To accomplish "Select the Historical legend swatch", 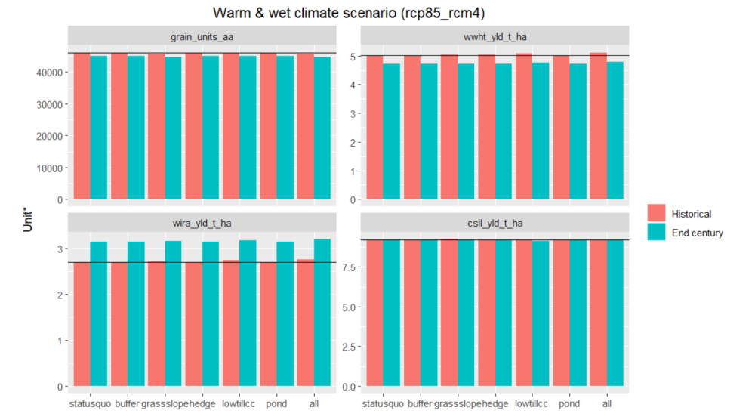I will pyautogui.click(x=657, y=214).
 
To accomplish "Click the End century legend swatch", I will pyautogui.click(x=657, y=233).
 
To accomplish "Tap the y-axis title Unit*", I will pyautogui.click(x=28, y=217).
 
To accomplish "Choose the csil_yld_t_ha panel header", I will pyautogui.click(x=495, y=223).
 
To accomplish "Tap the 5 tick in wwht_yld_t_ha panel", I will pyautogui.click(x=351, y=57).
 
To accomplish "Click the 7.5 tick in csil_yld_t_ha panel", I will pyautogui.click(x=347, y=267).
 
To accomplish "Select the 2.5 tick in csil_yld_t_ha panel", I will pyautogui.click(x=347, y=347).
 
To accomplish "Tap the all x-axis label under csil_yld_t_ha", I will pyautogui.click(x=607, y=404).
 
